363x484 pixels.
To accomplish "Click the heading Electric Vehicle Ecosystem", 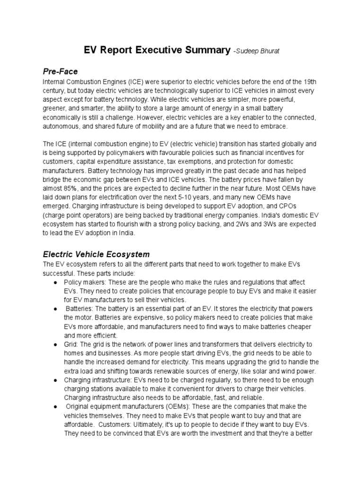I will (x=96, y=254).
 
